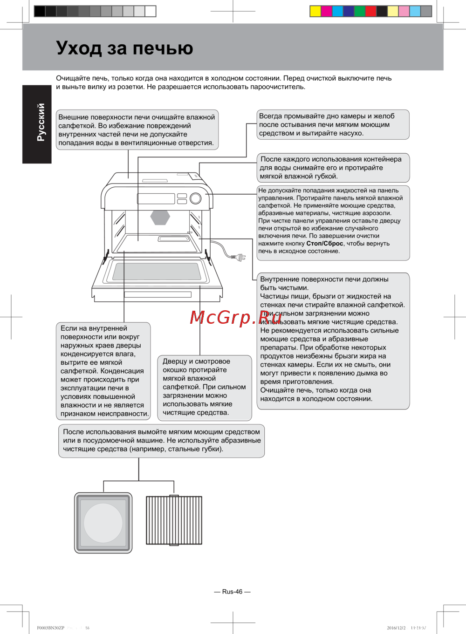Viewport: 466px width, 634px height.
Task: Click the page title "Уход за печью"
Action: (x=124, y=48)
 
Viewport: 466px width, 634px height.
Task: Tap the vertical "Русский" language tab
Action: (x=41, y=123)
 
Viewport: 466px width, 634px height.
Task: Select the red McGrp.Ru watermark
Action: (x=236, y=318)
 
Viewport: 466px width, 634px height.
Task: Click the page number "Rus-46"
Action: (x=232, y=592)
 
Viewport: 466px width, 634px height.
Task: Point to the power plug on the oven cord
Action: (x=240, y=257)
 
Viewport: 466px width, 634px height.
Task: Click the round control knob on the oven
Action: (x=196, y=198)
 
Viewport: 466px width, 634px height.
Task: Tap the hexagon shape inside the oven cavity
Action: (x=160, y=217)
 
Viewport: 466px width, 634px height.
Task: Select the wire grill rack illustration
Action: (x=174, y=520)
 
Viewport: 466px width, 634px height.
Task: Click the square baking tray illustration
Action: (x=103, y=523)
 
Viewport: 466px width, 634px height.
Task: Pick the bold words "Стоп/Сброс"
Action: (x=324, y=244)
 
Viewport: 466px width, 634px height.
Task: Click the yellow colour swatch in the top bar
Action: (x=315, y=11)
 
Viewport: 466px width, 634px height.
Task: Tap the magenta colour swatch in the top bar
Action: (x=327, y=11)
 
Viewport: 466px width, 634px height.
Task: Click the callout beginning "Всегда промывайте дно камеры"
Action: (x=333, y=124)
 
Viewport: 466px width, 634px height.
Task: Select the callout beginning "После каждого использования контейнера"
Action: (x=333, y=168)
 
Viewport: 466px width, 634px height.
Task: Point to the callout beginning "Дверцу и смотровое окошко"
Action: (x=205, y=387)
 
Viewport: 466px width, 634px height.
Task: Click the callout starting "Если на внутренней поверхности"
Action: (x=103, y=371)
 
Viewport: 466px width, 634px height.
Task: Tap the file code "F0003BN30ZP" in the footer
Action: (x=51, y=628)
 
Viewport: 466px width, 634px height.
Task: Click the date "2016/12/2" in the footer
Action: (x=396, y=628)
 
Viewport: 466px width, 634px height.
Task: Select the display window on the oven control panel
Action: (x=156, y=198)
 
